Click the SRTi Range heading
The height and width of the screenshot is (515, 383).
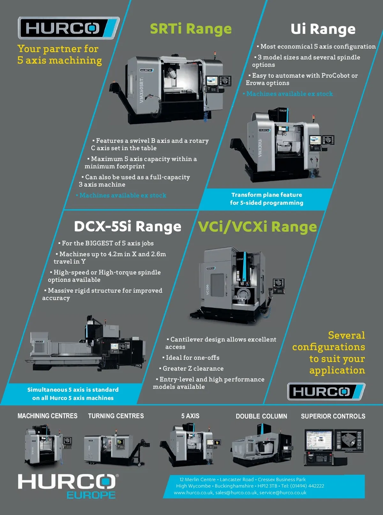pyautogui.click(x=191, y=29)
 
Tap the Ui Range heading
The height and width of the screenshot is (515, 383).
pyautogui.click(x=323, y=29)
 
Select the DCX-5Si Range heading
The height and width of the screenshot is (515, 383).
pyautogui.click(x=128, y=226)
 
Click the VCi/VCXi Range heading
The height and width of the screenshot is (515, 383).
pyautogui.click(x=257, y=227)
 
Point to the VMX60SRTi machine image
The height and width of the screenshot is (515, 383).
pyautogui.click(x=170, y=88)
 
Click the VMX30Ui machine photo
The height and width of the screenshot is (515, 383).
pyautogui.click(x=282, y=144)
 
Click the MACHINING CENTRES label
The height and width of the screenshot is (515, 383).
pyautogui.click(x=47, y=416)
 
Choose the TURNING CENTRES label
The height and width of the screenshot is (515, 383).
pyautogui.click(x=116, y=416)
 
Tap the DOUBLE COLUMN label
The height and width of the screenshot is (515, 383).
pyautogui.click(x=261, y=416)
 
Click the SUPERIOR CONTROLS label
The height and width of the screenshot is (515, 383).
pyautogui.click(x=333, y=416)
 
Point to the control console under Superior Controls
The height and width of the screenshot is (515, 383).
pyautogui.click(x=334, y=447)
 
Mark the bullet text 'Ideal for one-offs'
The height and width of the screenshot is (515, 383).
pyautogui.click(x=192, y=357)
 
